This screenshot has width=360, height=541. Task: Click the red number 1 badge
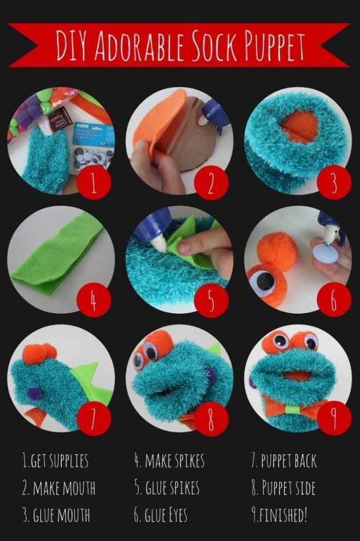pyautogui.click(x=93, y=183)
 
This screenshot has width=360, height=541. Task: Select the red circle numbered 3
pyautogui.click(x=334, y=183)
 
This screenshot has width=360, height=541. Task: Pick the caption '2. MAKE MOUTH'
pyautogui.click(x=59, y=488)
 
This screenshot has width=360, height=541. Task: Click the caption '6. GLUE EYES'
pyautogui.click(x=161, y=515)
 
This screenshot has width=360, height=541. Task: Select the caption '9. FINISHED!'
pyautogui.click(x=279, y=515)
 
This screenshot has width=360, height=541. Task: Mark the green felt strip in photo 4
pyautogui.click(x=63, y=254)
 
